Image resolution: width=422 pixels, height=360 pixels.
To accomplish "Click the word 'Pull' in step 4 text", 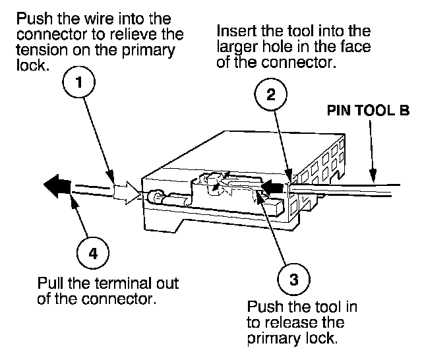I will [49, 284].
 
